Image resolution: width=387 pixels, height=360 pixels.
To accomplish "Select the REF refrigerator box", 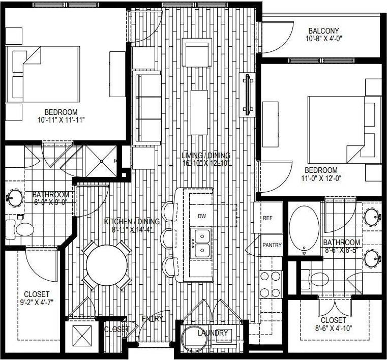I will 267,218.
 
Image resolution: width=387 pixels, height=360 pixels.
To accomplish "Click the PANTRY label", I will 272,245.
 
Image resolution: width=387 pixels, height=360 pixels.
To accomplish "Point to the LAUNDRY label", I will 213,333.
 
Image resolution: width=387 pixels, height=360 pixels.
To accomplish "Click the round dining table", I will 106,265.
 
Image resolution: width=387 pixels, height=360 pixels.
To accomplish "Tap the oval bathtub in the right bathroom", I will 304,228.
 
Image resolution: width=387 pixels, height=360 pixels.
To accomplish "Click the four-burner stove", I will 271,284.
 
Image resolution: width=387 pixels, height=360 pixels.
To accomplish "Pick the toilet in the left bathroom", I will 21,229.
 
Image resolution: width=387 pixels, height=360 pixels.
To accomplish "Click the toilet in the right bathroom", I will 317,279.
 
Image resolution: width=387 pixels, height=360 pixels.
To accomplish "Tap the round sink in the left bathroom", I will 14,198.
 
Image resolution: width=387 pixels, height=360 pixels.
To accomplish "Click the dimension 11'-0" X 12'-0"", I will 321,178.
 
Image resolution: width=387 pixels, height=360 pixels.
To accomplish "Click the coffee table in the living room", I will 199,112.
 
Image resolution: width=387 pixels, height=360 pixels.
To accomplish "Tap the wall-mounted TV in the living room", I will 248,94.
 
